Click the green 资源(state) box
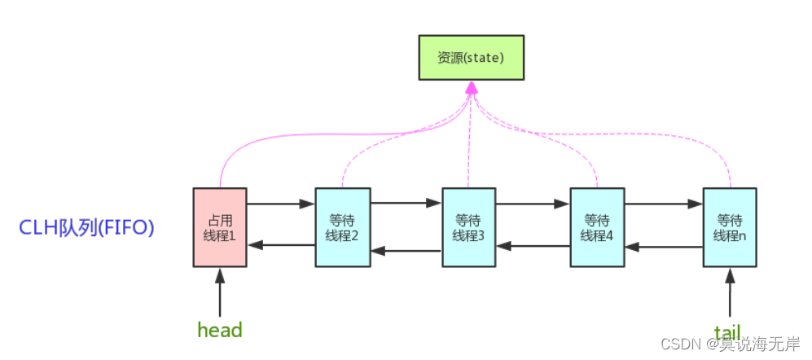click(471, 59)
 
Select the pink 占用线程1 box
click(220, 226)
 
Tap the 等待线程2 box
click(342, 226)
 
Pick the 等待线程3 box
click(468, 226)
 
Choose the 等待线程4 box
click(597, 226)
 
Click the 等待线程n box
click(731, 226)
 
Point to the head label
click(220, 330)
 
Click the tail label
click(727, 332)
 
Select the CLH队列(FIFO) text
click(87, 227)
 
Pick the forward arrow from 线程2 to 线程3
click(406, 204)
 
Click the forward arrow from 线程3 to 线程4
click(533, 204)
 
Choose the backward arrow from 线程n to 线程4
click(664, 245)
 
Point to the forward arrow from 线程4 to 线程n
click(664, 204)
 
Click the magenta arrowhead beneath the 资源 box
click(471, 87)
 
